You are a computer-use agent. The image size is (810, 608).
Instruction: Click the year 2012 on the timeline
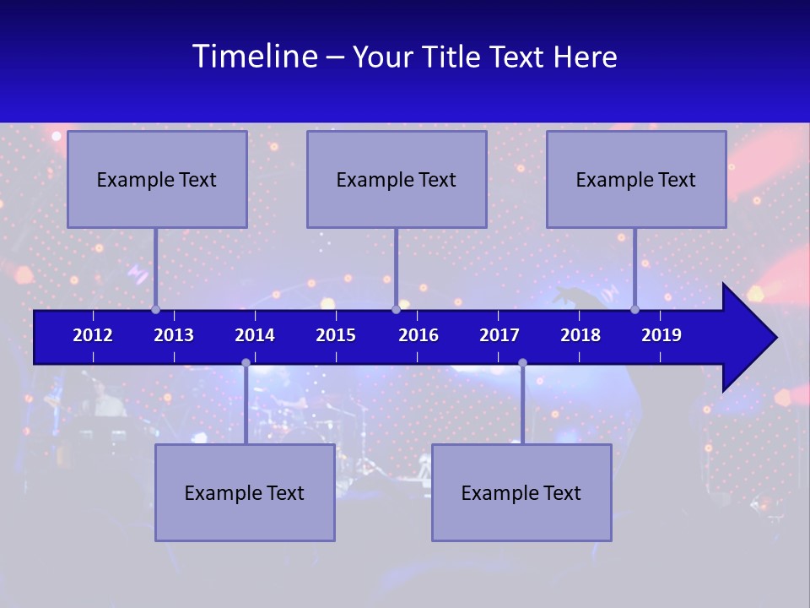pos(93,335)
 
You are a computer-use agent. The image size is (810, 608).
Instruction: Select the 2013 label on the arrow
pos(174,335)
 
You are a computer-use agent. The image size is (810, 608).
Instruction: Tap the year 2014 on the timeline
pos(255,335)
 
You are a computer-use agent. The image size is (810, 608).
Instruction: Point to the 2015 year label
pos(336,335)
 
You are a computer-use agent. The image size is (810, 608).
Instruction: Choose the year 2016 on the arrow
pos(418,335)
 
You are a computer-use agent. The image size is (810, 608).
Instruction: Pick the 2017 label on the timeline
pos(499,335)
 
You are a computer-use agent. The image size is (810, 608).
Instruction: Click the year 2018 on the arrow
pos(580,335)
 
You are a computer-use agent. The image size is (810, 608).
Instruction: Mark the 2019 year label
pos(661,335)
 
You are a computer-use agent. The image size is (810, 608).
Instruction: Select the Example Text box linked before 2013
pos(157,179)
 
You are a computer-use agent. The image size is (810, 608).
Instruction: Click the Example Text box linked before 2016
pos(397,179)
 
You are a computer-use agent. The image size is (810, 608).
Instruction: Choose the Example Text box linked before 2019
pos(636,179)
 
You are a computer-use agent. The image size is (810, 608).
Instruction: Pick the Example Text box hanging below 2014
pos(245,492)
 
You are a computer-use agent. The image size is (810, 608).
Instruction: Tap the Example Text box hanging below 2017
pos(521,492)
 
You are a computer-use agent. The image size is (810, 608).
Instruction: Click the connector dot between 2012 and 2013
pos(155,310)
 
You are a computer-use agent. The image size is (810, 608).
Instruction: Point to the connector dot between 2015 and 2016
pos(396,310)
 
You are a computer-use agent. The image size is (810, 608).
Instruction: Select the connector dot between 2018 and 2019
pos(635,310)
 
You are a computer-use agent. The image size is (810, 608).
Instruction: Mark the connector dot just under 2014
pos(246,363)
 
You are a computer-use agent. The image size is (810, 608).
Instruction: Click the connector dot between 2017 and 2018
pos(522,363)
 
